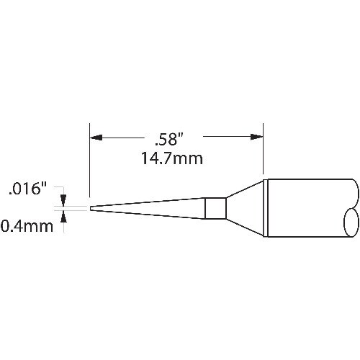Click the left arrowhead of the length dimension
coord(94,135)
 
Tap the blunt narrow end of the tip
coord(90,209)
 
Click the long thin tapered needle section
coord(151,209)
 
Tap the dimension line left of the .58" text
coord(122,135)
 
